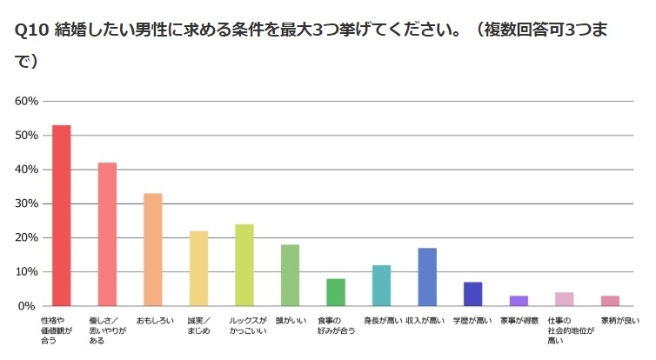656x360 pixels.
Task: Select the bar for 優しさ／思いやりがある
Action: (x=107, y=234)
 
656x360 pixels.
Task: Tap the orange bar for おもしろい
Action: (x=153, y=250)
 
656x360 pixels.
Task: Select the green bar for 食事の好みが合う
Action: (x=336, y=292)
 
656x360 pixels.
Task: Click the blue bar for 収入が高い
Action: (x=427, y=277)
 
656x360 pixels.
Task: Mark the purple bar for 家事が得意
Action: (x=519, y=301)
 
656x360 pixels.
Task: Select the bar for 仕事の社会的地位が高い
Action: (x=564, y=299)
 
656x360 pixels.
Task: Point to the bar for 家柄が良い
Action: (x=610, y=301)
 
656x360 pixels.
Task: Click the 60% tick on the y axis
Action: (x=28, y=101)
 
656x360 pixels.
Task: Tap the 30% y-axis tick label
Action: (x=28, y=203)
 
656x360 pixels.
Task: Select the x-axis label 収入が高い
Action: (x=426, y=321)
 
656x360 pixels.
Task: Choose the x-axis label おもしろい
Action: (x=152, y=321)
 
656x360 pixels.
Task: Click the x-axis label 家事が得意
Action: (x=519, y=321)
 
